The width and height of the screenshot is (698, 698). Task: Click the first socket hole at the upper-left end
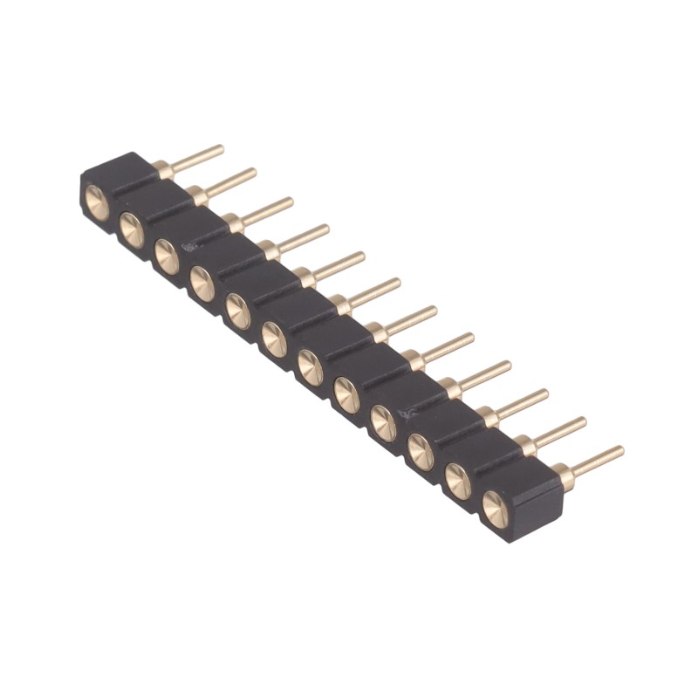tap(96, 200)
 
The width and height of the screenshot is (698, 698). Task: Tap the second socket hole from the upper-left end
tap(131, 228)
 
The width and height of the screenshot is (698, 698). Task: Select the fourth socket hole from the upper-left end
tap(202, 284)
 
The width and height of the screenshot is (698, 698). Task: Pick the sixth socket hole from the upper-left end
tap(274, 339)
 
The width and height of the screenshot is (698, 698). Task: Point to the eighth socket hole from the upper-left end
tap(346, 395)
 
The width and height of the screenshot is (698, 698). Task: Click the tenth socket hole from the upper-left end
tap(421, 451)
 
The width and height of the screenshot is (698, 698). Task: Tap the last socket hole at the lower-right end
tap(495, 507)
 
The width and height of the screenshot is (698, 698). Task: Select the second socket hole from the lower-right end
tap(458, 480)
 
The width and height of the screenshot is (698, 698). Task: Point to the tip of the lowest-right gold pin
tap(619, 451)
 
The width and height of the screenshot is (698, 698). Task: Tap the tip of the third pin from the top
tap(290, 202)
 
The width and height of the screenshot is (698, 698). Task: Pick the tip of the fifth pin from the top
tap(360, 257)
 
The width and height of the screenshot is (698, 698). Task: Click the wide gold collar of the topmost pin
tap(163, 168)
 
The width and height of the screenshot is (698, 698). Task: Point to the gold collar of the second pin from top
tap(198, 195)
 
